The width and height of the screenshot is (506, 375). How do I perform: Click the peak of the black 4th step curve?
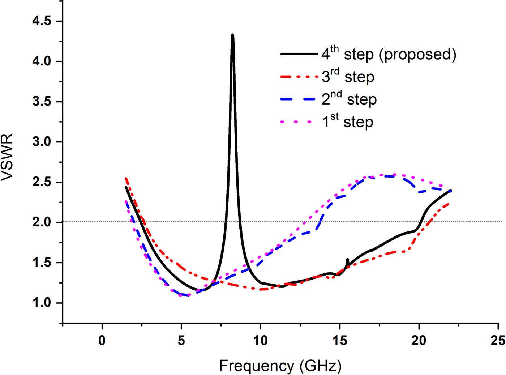(232, 35)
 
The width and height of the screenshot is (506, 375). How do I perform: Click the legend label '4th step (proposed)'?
(389, 54)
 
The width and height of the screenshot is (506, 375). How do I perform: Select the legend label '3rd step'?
(348, 77)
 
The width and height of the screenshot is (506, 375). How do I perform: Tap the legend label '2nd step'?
(349, 99)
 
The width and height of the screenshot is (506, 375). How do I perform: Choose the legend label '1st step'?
(347, 122)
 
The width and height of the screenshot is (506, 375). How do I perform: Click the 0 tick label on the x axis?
(102, 340)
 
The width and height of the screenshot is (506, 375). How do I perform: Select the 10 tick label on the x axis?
(260, 340)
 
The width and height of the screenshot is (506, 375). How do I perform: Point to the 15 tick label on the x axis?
(339, 340)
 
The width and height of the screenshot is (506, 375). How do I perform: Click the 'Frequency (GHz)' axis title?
(280, 366)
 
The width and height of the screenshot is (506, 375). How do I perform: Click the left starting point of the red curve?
(125, 178)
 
